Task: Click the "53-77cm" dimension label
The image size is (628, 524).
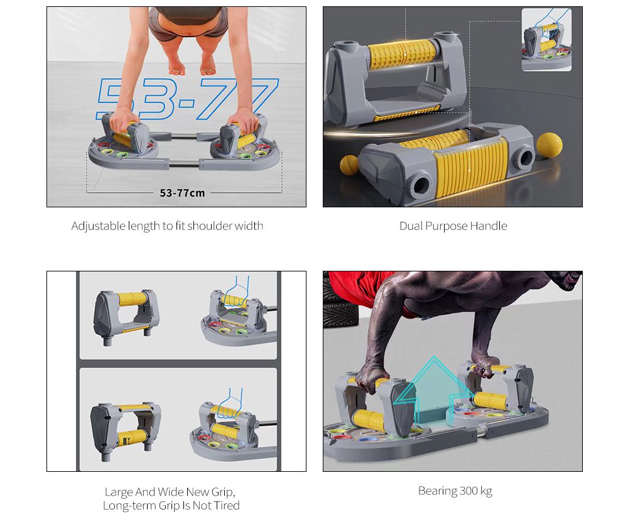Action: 182,193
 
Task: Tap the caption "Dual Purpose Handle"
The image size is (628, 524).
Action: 453,226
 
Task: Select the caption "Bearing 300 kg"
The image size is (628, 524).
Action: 455,491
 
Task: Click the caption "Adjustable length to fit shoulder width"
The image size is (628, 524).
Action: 167,226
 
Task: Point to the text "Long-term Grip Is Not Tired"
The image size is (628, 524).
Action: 171,506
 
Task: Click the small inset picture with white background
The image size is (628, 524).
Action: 546,40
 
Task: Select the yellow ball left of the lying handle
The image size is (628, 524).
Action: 349,165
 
